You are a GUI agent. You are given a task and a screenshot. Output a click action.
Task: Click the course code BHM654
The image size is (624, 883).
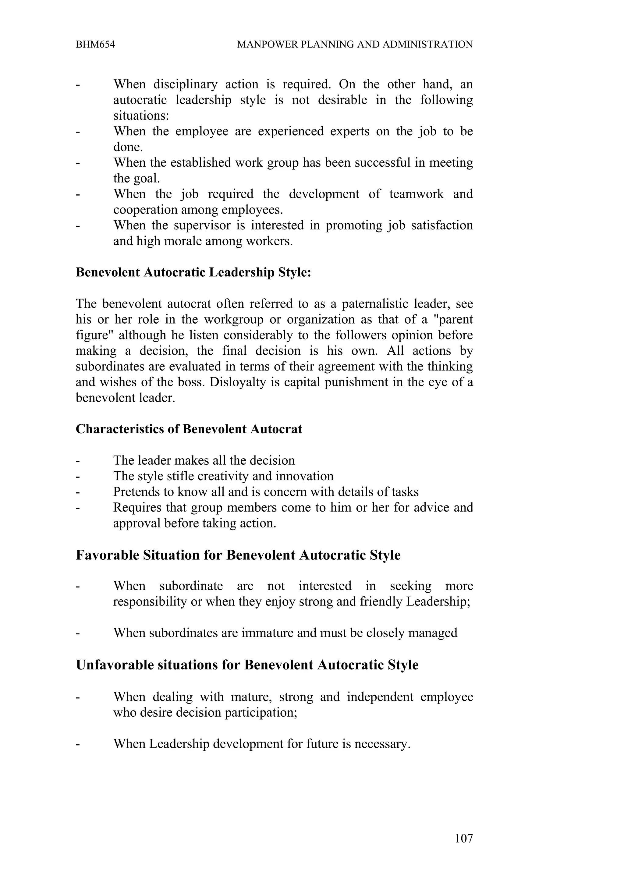[x=95, y=44]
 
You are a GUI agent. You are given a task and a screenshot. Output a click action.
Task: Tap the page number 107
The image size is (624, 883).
[x=464, y=839]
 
